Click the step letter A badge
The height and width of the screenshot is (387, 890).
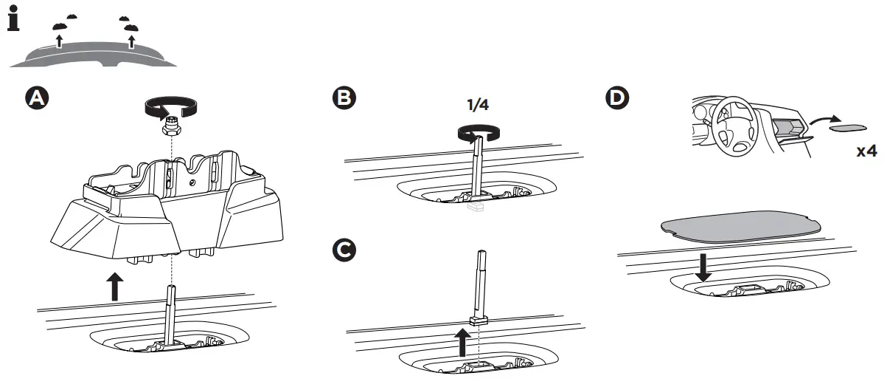click(x=35, y=98)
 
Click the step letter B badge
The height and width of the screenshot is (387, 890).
click(x=344, y=98)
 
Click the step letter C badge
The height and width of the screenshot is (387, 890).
click(x=344, y=251)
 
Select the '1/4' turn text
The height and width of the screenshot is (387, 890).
click(x=479, y=105)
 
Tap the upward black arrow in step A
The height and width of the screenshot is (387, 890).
click(x=114, y=286)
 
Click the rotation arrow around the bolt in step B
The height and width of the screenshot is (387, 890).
click(x=479, y=133)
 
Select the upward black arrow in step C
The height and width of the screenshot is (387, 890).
click(x=462, y=342)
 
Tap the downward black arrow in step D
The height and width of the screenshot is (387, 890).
click(x=703, y=267)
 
